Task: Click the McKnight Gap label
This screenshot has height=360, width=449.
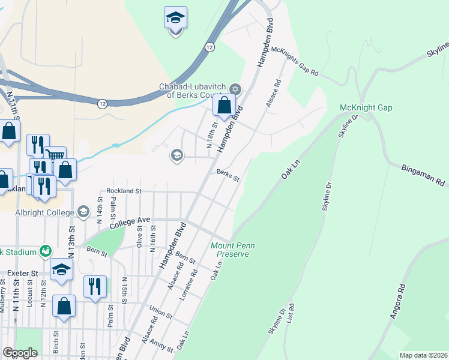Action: (366, 107)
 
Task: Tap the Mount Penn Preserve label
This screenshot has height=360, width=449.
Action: (234, 250)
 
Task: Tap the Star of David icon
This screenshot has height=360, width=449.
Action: (235, 90)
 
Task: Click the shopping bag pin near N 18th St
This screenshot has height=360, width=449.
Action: (224, 106)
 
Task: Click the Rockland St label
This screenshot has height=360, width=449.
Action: (123, 191)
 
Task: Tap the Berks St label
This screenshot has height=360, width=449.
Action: (228, 175)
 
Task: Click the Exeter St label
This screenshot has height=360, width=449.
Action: (23, 274)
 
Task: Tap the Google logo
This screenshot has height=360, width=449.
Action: (20, 353)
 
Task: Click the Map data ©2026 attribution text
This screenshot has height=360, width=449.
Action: (423, 355)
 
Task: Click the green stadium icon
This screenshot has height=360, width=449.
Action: (45, 251)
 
